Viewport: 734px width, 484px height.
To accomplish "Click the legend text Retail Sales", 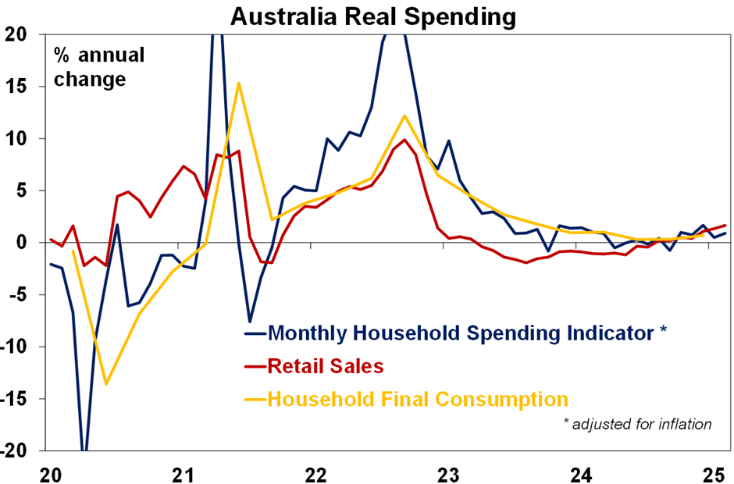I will pos(326,366).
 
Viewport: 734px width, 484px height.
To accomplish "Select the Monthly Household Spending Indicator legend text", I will pos(467,333).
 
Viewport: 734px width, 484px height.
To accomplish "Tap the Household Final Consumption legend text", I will pos(418,399).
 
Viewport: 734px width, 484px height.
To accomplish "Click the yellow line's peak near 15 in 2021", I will pos(238,83).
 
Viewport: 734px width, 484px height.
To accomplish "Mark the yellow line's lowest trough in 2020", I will pos(106,383).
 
